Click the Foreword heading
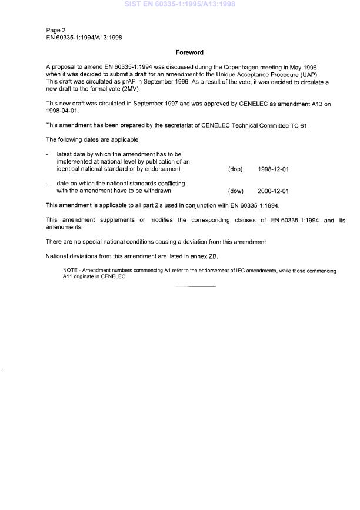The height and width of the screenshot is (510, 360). pyautogui.click(x=189, y=52)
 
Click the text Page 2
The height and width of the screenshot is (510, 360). pyautogui.click(x=56, y=30)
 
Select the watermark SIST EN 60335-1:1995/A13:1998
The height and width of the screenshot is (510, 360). pyautogui.click(x=179, y=4)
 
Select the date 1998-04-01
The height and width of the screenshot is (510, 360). pyautogui.click(x=61, y=110)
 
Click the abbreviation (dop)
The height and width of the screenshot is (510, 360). pyautogui.click(x=235, y=169)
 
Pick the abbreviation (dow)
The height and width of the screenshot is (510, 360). pyautogui.click(x=235, y=191)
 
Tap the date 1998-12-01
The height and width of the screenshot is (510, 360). pyautogui.click(x=273, y=169)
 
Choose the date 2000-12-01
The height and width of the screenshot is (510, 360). pyautogui.click(x=273, y=191)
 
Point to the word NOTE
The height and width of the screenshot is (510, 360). pyautogui.click(x=71, y=271)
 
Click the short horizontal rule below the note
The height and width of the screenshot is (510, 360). pyautogui.click(x=195, y=286)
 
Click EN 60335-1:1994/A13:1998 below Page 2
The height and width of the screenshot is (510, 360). pyautogui.click(x=84, y=36)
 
